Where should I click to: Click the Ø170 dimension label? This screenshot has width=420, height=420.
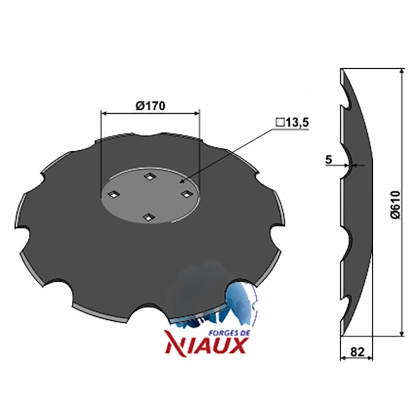[x=150, y=106]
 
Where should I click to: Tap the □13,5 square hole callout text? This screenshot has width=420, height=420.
[x=292, y=123]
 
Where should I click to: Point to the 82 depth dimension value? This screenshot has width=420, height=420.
[x=357, y=352]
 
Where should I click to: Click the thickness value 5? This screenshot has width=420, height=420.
[x=329, y=160]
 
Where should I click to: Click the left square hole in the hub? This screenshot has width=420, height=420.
[x=113, y=194]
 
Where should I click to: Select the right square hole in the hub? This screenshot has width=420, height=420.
[x=185, y=194]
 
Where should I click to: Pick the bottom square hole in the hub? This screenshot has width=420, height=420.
[x=147, y=216]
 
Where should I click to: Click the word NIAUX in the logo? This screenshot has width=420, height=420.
[x=206, y=345]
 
